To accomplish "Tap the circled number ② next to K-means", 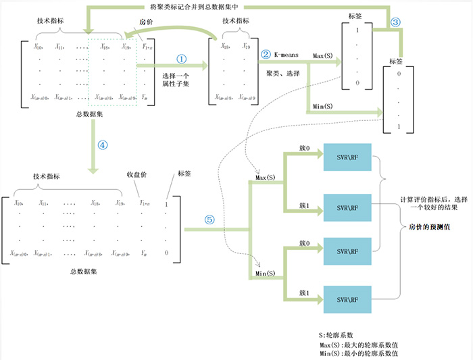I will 266,53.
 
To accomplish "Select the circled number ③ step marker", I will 396,22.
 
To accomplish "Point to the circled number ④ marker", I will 102,145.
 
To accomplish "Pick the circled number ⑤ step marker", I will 209,220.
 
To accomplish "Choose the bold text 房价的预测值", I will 430,228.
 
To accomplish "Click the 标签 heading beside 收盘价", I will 183,174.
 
